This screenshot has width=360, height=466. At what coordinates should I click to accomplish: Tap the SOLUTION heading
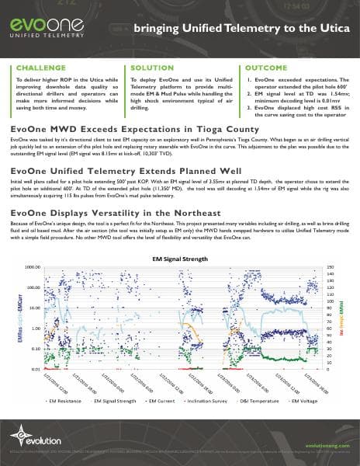click(153, 68)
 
